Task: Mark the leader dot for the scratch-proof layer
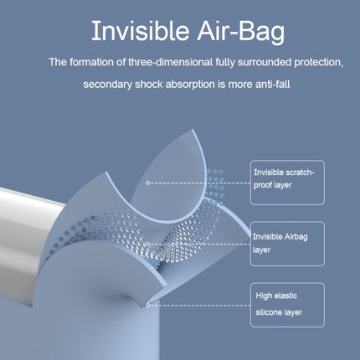[147, 182]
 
